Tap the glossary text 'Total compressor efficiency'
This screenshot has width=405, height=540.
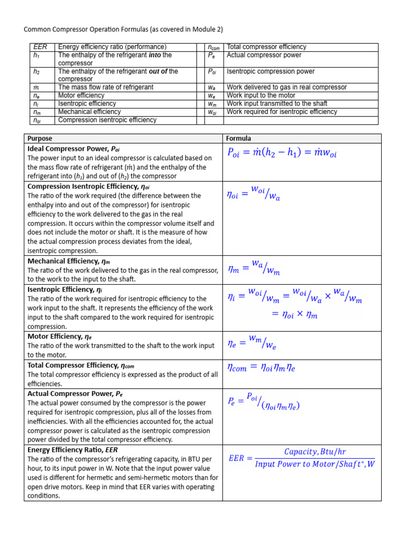[266, 47]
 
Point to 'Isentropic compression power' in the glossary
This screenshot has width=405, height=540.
[271, 71]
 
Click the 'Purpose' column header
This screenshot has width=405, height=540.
[40, 139]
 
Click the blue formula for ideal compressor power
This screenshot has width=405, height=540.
[282, 153]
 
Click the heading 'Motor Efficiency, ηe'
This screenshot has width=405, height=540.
[60, 336]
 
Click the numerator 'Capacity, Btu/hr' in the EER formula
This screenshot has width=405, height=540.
[315, 452]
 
